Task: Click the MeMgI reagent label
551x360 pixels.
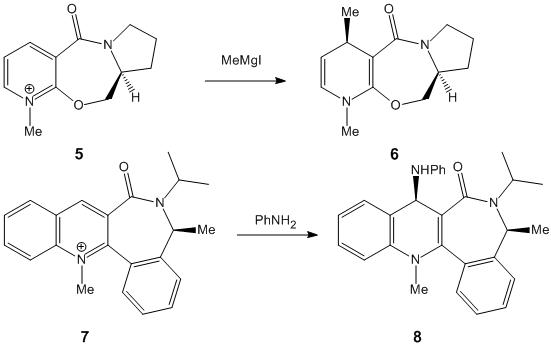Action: (241, 60)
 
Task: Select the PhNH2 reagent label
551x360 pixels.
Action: (276, 221)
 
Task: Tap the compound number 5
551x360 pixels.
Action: (79, 154)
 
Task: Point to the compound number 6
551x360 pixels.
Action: (395, 154)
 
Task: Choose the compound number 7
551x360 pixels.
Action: (84, 337)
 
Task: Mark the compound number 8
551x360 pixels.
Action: (417, 337)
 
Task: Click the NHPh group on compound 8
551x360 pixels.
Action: (428, 170)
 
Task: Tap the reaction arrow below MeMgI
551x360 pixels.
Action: (245, 81)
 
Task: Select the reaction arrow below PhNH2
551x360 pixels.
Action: (277, 234)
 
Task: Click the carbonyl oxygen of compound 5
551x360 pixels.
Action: (72, 9)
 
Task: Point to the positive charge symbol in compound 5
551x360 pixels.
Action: (30, 89)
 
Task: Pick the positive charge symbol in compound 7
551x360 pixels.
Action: (81, 247)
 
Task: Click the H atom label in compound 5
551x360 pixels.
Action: (135, 97)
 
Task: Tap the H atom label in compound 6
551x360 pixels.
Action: (452, 97)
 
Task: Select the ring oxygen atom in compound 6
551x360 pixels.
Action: (396, 104)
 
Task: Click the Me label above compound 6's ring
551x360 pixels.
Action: (350, 12)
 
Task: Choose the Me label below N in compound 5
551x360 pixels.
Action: (33, 131)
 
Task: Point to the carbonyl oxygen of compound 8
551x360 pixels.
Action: (458, 167)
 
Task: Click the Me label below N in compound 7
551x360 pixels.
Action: (85, 289)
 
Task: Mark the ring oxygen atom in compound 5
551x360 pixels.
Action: (79, 104)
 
